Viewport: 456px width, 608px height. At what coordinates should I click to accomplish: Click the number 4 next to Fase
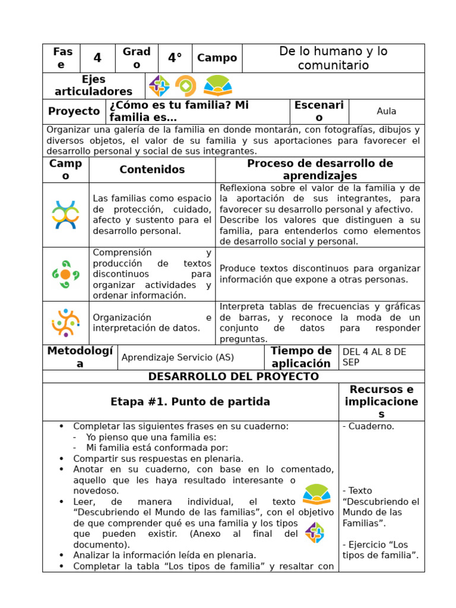97,58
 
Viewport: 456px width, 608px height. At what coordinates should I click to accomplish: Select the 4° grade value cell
175,58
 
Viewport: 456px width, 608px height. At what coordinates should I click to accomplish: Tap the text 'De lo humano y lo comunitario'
333,58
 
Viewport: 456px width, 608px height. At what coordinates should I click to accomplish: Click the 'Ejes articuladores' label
93,85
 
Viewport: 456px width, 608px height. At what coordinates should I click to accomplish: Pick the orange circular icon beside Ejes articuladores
186,86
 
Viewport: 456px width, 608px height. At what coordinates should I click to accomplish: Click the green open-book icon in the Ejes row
218,86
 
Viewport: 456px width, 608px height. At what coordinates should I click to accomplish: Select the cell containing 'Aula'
386,111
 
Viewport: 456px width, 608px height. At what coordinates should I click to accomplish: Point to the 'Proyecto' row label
74,111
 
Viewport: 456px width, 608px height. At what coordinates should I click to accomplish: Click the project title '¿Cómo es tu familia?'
178,111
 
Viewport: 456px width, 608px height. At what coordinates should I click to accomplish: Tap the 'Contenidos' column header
152,170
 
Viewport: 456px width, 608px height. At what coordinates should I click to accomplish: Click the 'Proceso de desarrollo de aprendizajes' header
320,170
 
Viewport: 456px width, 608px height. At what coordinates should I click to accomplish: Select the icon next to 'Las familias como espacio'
65,215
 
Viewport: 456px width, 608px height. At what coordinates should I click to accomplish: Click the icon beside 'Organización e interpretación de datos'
65,323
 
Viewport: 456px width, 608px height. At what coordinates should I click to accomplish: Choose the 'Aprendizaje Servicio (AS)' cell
178,357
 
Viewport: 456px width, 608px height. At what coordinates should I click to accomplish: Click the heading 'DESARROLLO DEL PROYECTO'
233,376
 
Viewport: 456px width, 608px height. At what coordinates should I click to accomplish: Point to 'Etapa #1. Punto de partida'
190,402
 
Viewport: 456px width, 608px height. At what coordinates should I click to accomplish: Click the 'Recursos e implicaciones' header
381,402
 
